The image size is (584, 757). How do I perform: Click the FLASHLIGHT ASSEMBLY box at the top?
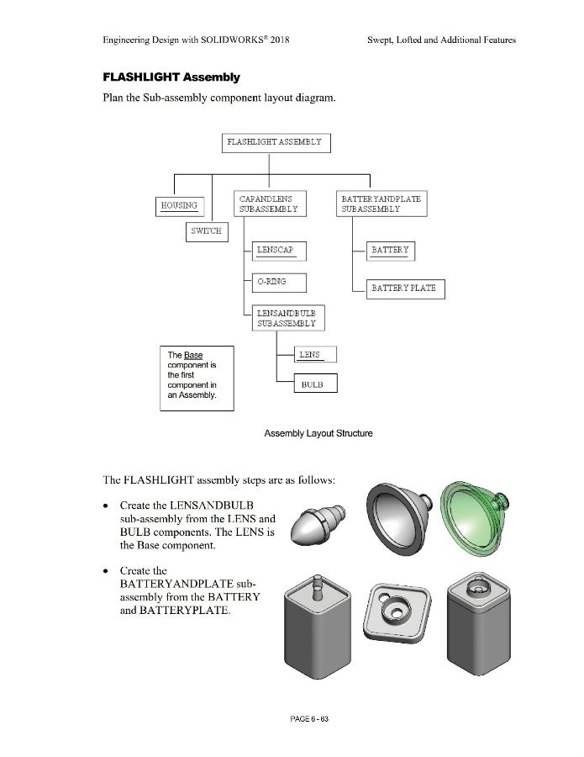(x=276, y=143)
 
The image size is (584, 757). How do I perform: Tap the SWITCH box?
(x=206, y=231)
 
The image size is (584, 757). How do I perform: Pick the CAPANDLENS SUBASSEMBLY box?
(x=268, y=204)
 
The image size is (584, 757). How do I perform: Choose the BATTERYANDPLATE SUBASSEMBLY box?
(x=382, y=204)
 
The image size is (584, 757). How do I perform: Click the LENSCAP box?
(x=279, y=251)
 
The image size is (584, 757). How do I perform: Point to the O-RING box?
(x=279, y=283)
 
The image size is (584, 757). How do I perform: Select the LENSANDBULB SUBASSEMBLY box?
(x=288, y=318)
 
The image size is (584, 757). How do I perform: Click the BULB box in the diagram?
(x=316, y=384)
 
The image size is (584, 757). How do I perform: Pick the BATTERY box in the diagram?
(x=391, y=251)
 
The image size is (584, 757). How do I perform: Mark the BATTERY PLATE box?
(x=404, y=289)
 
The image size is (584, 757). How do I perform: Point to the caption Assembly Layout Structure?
(x=318, y=433)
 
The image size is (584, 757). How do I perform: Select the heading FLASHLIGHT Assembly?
(x=171, y=77)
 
